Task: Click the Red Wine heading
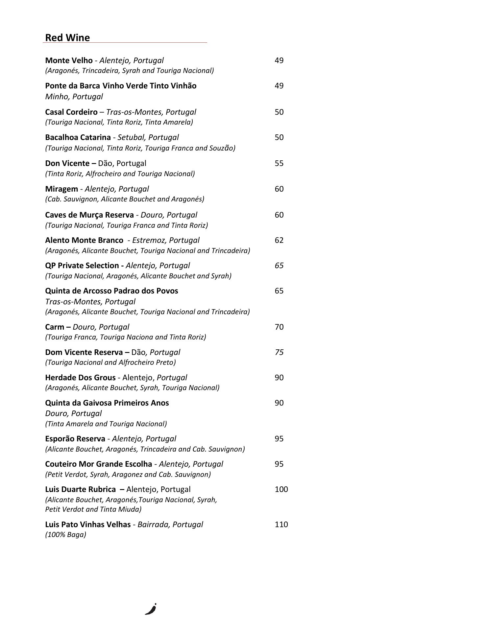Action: [x=67, y=38]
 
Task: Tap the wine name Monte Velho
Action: [x=69, y=60]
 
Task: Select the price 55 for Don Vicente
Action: [x=279, y=163]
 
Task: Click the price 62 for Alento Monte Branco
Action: [x=279, y=240]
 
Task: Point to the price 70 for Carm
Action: [x=279, y=327]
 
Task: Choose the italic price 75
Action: [x=279, y=352]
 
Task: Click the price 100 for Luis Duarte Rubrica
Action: [x=281, y=489]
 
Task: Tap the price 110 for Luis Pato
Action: [x=281, y=525]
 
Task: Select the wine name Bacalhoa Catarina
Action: [x=78, y=137]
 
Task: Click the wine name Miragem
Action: [x=61, y=189]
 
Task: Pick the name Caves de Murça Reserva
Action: [x=89, y=215]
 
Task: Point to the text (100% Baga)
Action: [x=65, y=535]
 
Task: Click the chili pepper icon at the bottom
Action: [x=151, y=609]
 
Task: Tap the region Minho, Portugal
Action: [x=74, y=97]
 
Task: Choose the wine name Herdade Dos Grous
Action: [x=80, y=378]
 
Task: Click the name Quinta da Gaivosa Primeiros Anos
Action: [x=107, y=403]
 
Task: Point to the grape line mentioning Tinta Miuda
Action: [x=93, y=509]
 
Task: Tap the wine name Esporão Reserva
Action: [x=75, y=439]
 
